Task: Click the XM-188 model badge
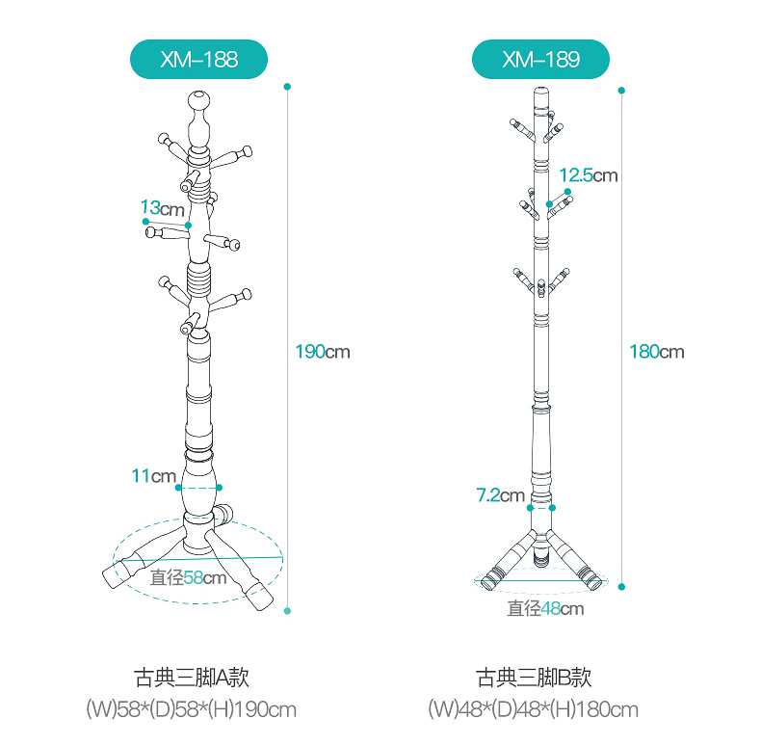point(198,59)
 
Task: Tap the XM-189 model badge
point(540,59)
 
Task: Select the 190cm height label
point(323,352)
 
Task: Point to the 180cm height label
point(657,352)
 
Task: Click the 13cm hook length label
point(162,208)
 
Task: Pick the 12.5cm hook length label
point(589,175)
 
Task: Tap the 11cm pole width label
point(153,476)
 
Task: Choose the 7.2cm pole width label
point(500,495)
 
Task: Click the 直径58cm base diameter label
point(188,577)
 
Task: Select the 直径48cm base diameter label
point(545,608)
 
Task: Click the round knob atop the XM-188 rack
point(199,100)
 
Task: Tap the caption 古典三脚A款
point(192,677)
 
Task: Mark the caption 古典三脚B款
point(534,677)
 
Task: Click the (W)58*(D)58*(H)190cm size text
point(192,709)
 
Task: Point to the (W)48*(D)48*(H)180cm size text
point(534,709)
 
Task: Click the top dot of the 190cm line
point(287,87)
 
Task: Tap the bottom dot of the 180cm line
point(621,587)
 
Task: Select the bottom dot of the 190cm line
point(287,611)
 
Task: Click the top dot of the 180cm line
point(621,91)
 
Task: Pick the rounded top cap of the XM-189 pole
point(541,91)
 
